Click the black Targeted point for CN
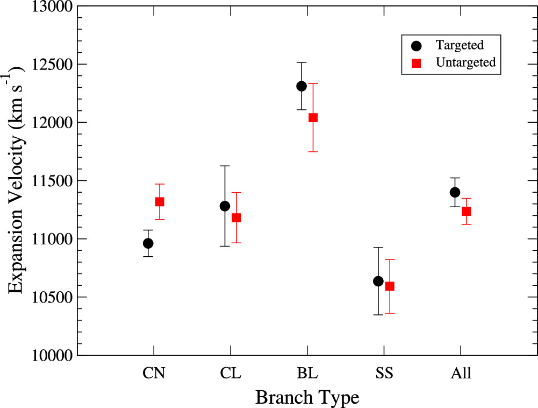point(148,243)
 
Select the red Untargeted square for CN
point(160,202)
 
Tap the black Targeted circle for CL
point(225,206)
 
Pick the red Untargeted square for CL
point(236,218)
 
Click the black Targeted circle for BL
point(302,86)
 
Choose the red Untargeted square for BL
point(313,118)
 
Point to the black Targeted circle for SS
point(378,281)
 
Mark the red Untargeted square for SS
point(390,286)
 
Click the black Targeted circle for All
point(455,192)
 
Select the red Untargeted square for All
point(467,212)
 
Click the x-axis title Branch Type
point(307,398)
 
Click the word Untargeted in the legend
point(465,62)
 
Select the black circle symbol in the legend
point(415,45)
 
